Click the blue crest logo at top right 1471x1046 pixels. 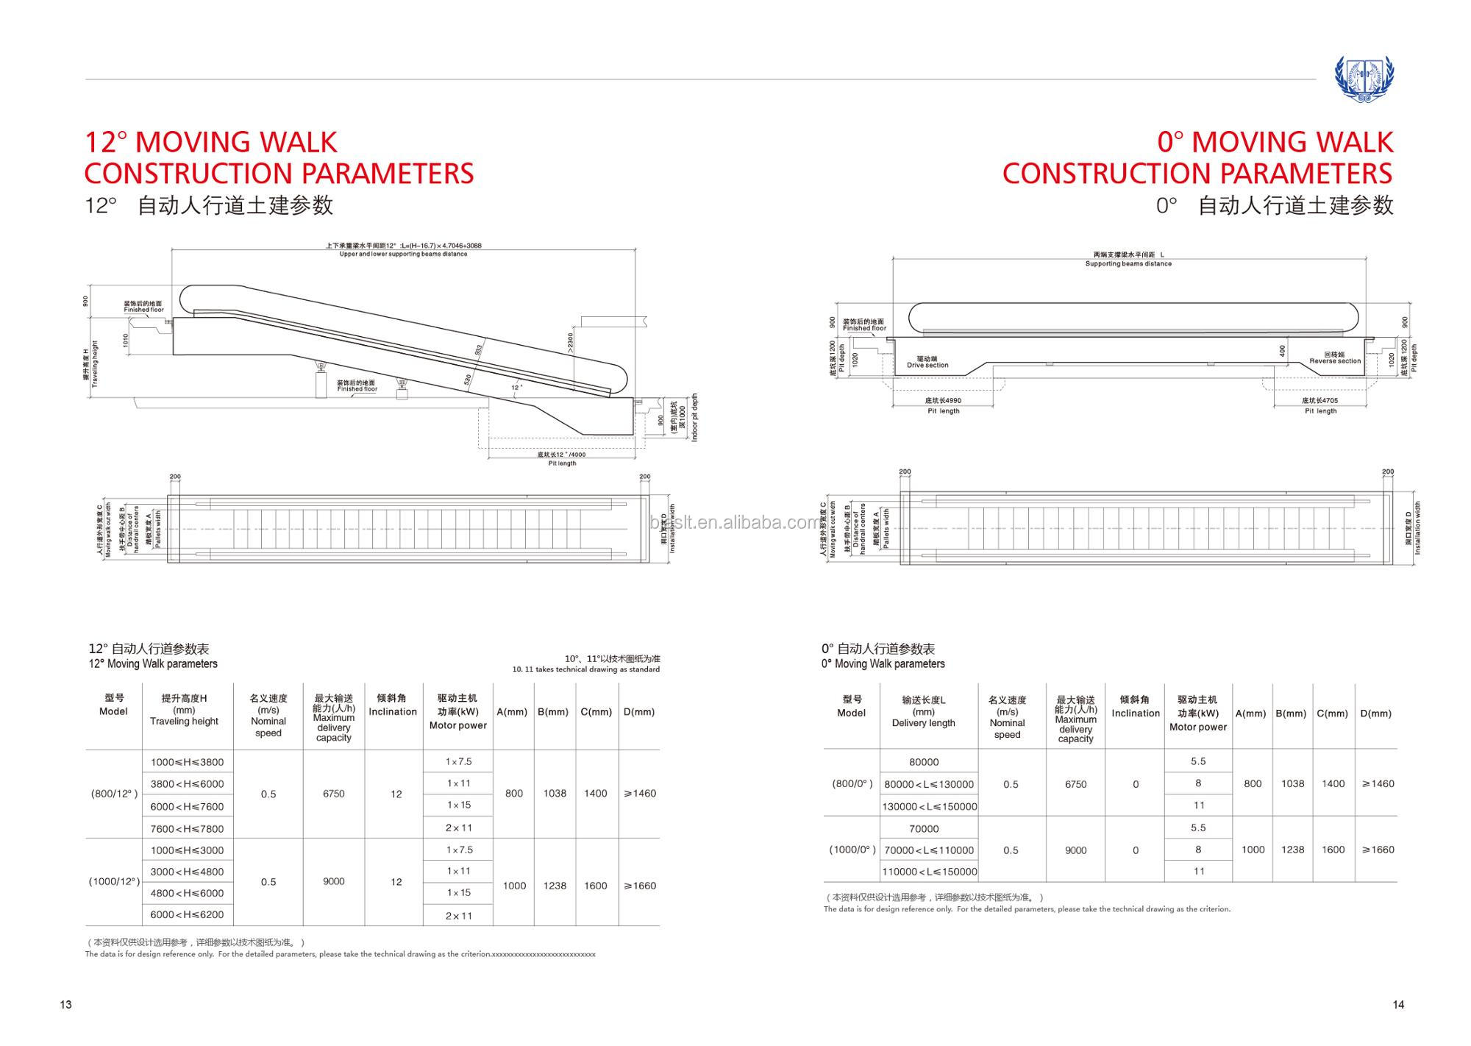click(x=1364, y=79)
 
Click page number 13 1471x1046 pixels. click(x=66, y=1005)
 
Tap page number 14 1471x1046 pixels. click(x=1398, y=1005)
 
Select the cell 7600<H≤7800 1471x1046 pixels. click(x=187, y=828)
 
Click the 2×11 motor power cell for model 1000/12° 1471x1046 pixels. click(x=458, y=916)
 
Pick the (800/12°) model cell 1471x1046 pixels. click(x=114, y=794)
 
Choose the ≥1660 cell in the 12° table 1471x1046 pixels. click(x=639, y=886)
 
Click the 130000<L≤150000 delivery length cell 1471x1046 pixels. click(x=930, y=806)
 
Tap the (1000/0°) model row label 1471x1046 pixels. click(x=852, y=850)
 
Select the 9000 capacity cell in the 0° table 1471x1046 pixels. click(x=1075, y=850)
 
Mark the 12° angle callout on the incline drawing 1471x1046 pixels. click(x=517, y=387)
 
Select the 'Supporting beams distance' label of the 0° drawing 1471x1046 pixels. click(x=1128, y=263)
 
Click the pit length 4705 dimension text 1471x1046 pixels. click(x=1321, y=401)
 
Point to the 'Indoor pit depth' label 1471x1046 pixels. click(x=695, y=418)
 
